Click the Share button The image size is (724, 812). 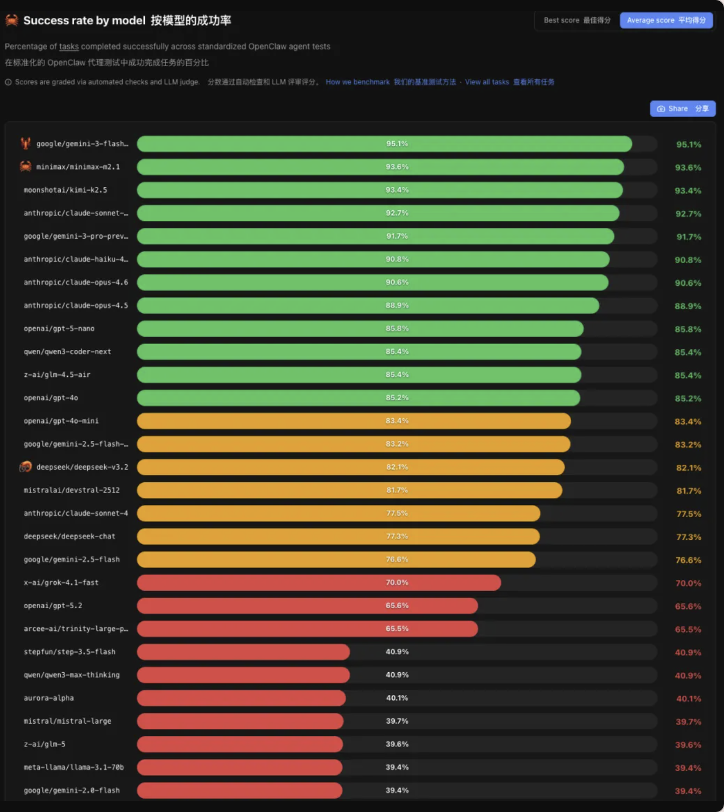[683, 109]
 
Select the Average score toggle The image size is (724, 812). [666, 21]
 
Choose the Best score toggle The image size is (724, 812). [577, 21]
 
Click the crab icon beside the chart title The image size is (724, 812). [12, 21]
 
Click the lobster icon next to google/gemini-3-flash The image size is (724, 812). [25, 143]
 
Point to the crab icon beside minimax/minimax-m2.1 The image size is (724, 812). [25, 167]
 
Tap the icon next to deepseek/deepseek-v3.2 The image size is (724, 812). [25, 467]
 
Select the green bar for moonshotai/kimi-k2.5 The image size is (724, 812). [379, 190]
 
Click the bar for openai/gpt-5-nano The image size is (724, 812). [360, 329]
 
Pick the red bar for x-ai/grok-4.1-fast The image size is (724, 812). [319, 583]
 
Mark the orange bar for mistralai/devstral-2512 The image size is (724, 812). [349, 490]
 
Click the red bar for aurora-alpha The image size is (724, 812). [241, 698]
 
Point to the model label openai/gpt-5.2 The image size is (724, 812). [53, 606]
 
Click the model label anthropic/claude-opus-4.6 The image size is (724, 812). [76, 282]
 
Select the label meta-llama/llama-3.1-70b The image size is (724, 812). [74, 767]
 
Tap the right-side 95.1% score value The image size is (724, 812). [689, 145]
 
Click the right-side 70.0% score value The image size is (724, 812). [688, 583]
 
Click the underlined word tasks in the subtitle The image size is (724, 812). [69, 47]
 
